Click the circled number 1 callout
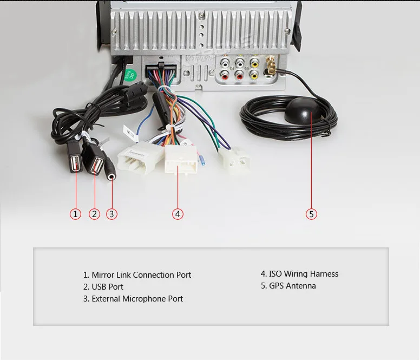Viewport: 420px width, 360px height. (76, 214)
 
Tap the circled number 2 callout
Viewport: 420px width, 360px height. (95, 214)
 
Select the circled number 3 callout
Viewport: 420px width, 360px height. (111, 214)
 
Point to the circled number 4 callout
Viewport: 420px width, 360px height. (178, 214)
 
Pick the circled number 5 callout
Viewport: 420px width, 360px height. (311, 214)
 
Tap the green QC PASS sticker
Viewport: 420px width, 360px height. (129, 73)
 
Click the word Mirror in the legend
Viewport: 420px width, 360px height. (103, 275)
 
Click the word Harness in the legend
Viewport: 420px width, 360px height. (323, 274)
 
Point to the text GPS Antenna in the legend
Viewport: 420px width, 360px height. (292, 286)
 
